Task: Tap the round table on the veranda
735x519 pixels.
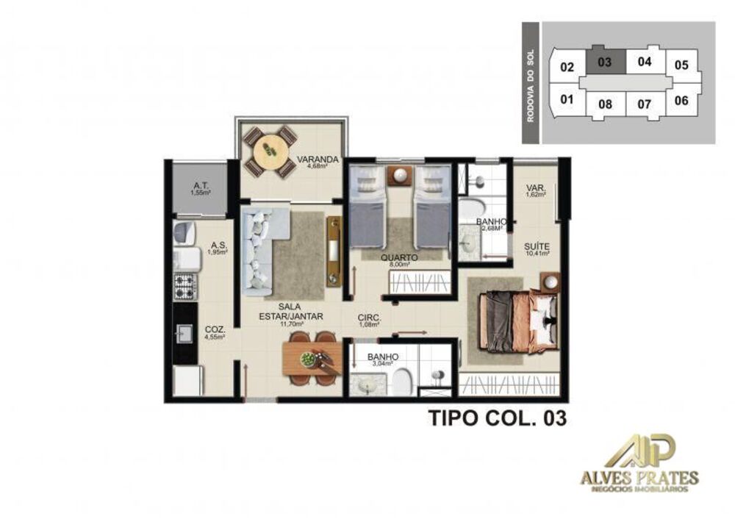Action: pyautogui.click(x=270, y=152)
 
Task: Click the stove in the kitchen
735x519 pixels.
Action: pyautogui.click(x=185, y=286)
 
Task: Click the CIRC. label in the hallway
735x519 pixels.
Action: pyautogui.click(x=369, y=319)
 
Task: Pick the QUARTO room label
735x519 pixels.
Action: pyautogui.click(x=400, y=258)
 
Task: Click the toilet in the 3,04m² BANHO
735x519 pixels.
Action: pyautogui.click(x=401, y=381)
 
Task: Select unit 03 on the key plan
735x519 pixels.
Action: pyautogui.click(x=604, y=62)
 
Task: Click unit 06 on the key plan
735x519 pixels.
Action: pyautogui.click(x=681, y=101)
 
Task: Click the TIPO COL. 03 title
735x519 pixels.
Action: pyautogui.click(x=498, y=418)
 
